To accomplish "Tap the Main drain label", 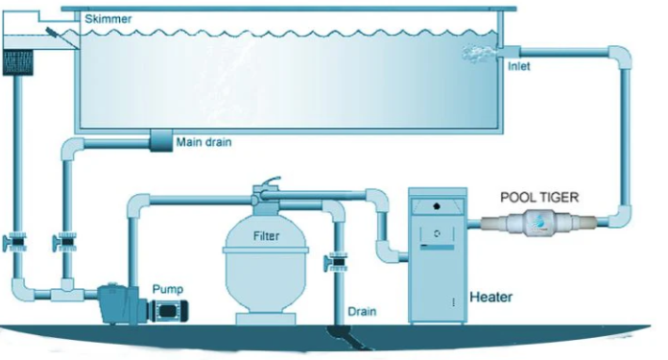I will click(x=204, y=142).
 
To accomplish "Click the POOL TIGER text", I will click(x=540, y=196).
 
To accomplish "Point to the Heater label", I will click(x=490, y=296).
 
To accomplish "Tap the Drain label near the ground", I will click(x=362, y=311).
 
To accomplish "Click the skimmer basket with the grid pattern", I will click(x=21, y=62).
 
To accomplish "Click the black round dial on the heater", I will click(x=437, y=205).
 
